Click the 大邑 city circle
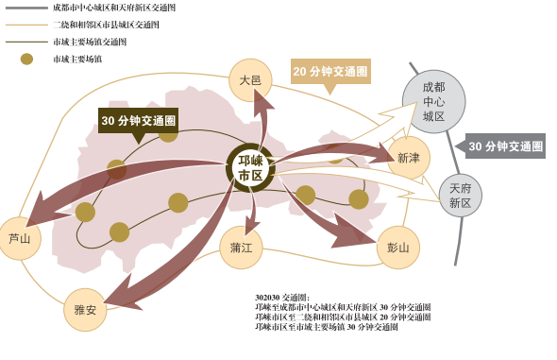[250, 80]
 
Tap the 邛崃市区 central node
[250, 168]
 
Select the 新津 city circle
[409, 158]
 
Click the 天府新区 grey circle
[460, 196]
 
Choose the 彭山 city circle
[397, 248]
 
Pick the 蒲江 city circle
[241, 248]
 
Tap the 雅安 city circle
[85, 310]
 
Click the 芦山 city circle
[20, 238]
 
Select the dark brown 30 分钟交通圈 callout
[139, 121]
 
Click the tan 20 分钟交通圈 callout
[330, 72]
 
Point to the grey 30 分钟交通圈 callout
[505, 146]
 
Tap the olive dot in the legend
[26, 59]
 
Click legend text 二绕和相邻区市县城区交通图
[106, 25]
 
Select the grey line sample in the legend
[26, 8]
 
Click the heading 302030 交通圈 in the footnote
[282, 298]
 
